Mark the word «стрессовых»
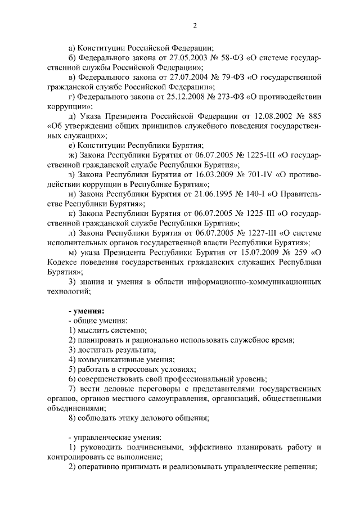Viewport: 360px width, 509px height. [x=136, y=369]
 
